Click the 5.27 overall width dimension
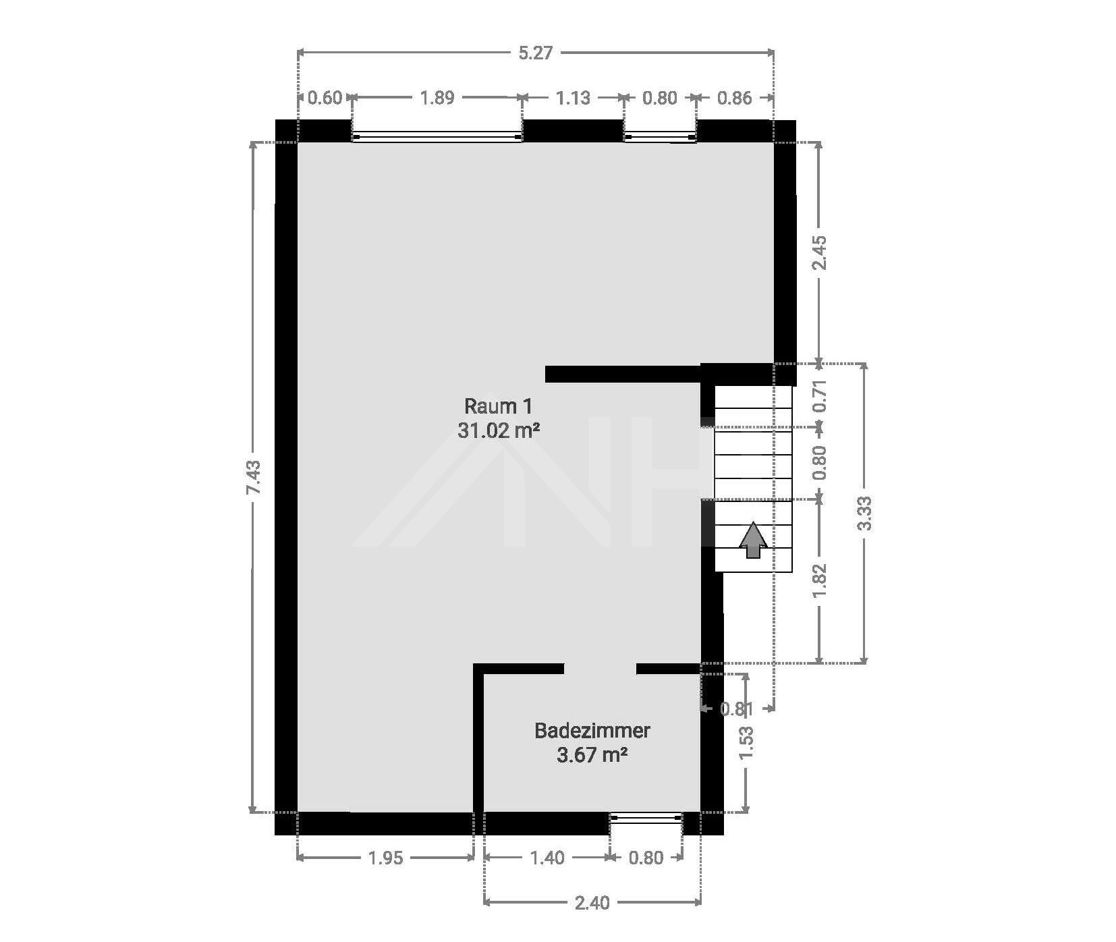click(535, 53)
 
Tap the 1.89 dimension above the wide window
click(437, 98)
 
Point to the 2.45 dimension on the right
click(819, 252)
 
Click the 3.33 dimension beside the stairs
click(865, 513)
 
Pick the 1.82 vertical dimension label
click(819, 580)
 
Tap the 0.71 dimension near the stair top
click(819, 396)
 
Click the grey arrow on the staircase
click(753, 541)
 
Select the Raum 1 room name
click(498, 406)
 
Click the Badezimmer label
click(592, 730)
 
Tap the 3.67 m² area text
click(592, 754)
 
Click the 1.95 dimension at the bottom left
click(385, 858)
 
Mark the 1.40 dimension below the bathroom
click(547, 858)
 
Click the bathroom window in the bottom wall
click(646, 819)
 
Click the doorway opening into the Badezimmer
click(600, 669)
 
